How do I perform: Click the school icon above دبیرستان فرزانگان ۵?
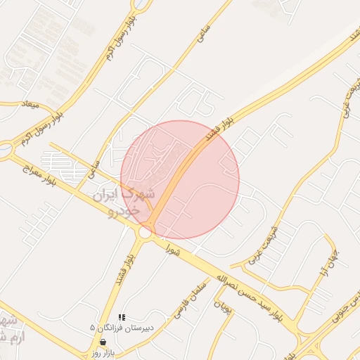click(122, 318)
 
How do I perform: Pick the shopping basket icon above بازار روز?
click(103, 342)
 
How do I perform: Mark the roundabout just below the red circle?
click(146, 231)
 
